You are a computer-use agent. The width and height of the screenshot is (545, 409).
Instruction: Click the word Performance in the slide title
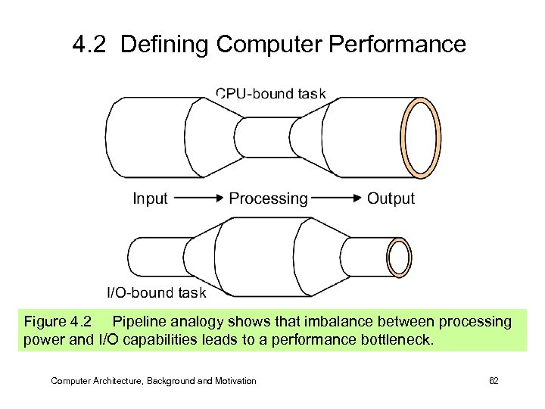392,45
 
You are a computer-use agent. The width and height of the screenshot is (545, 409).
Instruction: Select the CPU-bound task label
270,94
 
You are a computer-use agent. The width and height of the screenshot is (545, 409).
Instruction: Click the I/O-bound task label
154,292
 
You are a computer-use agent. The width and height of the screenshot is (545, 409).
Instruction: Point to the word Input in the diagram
150,198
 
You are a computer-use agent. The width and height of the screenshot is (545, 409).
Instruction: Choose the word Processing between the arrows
268,199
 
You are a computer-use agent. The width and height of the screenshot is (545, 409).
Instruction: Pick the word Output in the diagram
391,198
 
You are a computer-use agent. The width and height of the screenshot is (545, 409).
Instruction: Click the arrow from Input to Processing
198,199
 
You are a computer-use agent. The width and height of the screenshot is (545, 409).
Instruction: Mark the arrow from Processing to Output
336,199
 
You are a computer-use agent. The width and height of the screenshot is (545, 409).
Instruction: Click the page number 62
494,381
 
